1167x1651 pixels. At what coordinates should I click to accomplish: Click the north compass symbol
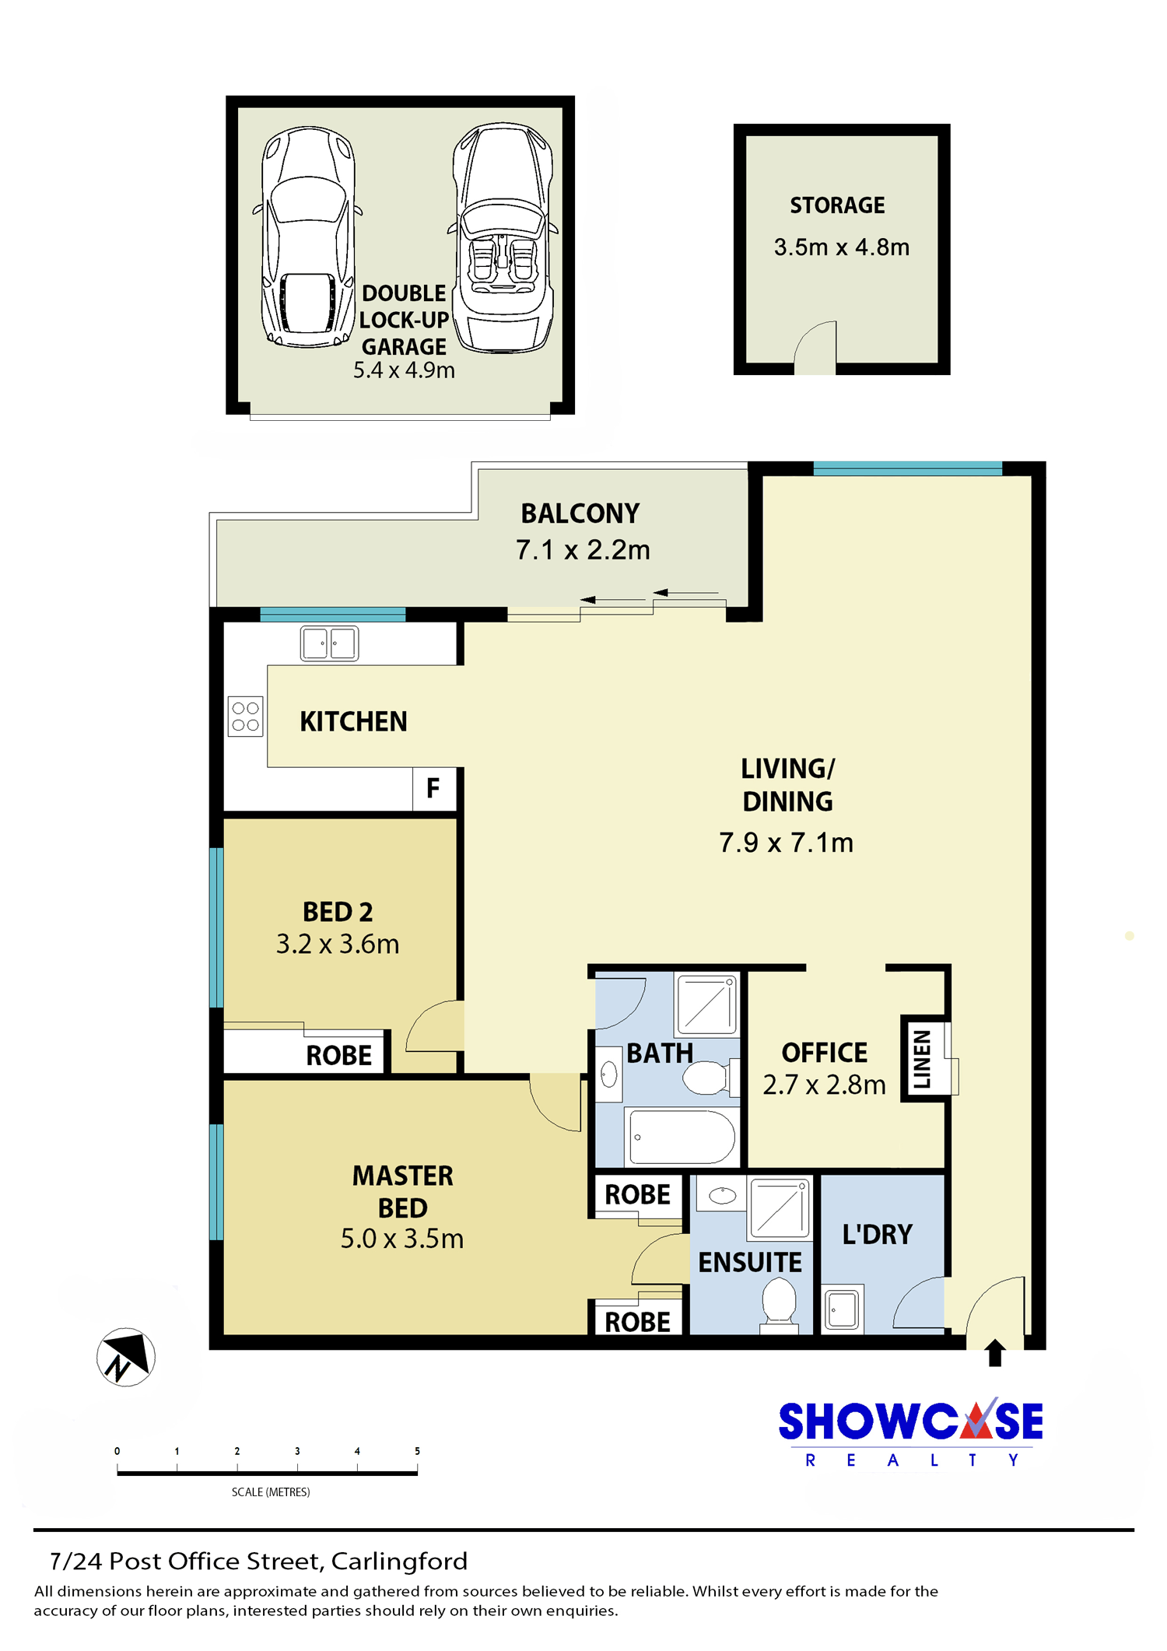click(126, 1357)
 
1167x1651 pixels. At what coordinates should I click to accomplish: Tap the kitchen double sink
click(330, 644)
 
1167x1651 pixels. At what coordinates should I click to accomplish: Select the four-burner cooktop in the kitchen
click(246, 717)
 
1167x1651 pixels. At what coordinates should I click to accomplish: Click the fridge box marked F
click(434, 789)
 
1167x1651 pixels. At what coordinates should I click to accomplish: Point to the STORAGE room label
click(838, 205)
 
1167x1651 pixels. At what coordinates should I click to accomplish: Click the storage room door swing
click(815, 347)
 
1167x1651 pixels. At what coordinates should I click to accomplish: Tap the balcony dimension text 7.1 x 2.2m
click(583, 550)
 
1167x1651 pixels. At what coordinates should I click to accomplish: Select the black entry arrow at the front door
click(995, 1352)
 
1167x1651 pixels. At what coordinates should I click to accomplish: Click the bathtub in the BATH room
click(682, 1137)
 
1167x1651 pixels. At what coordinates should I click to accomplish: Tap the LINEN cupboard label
click(922, 1058)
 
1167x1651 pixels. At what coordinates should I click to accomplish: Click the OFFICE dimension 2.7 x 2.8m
click(824, 1085)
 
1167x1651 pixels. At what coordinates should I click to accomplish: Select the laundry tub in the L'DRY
click(843, 1309)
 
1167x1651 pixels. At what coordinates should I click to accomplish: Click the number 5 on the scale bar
click(417, 1451)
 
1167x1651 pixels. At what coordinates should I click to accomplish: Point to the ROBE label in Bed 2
click(339, 1056)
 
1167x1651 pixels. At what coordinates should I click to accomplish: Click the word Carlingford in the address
click(399, 1561)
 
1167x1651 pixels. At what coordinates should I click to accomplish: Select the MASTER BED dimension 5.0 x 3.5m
click(402, 1239)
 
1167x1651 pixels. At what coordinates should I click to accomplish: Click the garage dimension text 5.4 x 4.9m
click(404, 370)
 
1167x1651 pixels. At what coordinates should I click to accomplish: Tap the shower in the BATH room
click(707, 1004)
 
